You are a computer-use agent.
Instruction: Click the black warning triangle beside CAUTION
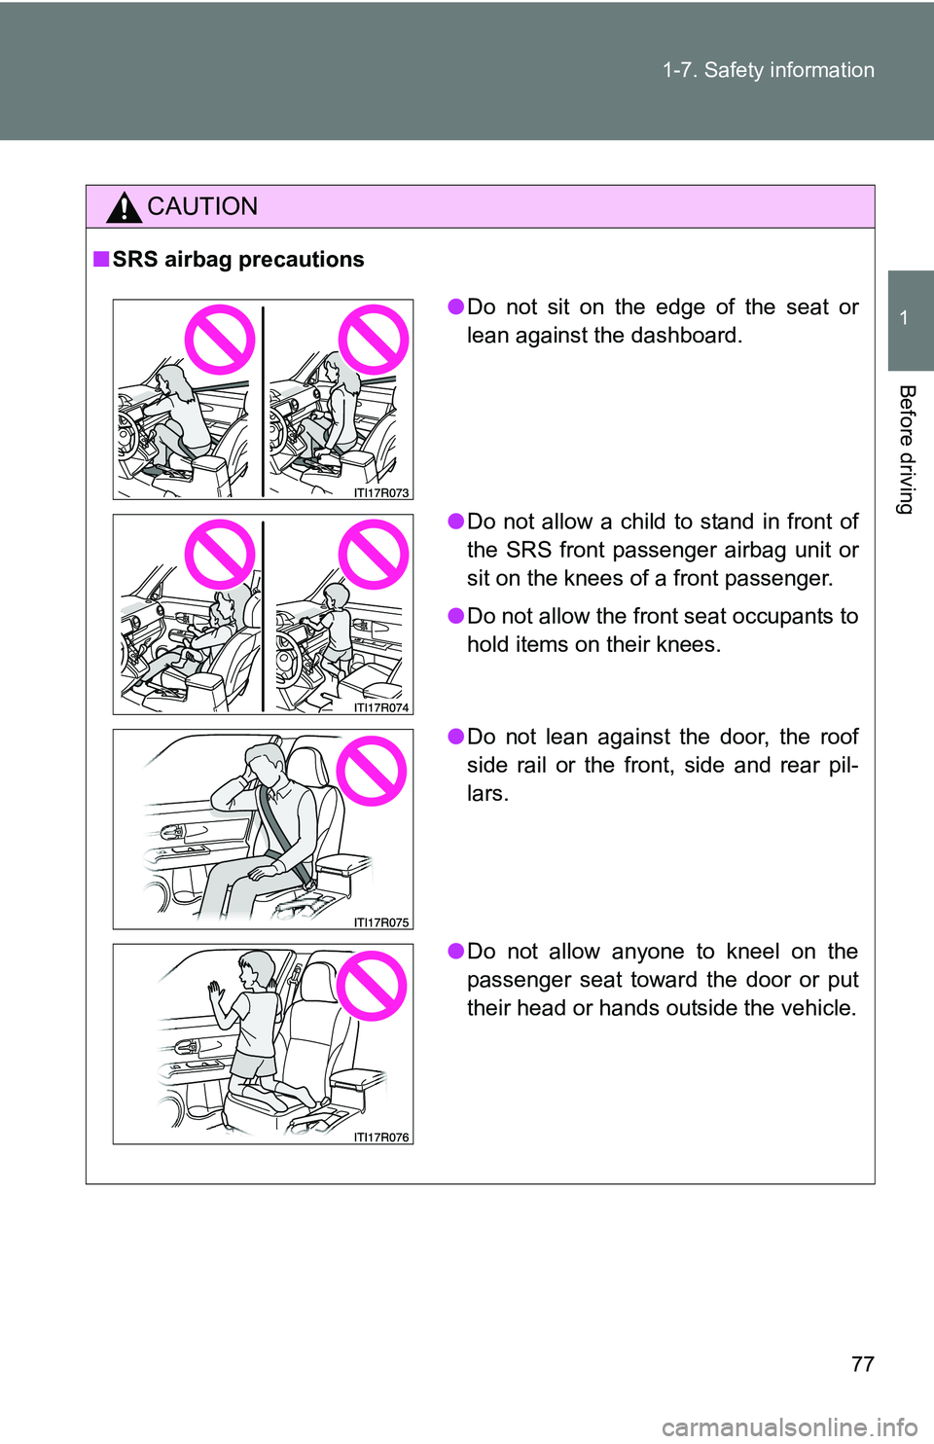point(124,207)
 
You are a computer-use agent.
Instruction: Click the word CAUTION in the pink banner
point(202,206)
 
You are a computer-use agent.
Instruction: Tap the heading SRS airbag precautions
point(238,259)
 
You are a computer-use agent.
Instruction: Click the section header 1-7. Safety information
point(769,70)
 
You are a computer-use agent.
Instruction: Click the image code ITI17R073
point(381,493)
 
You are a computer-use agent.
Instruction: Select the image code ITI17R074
point(381,707)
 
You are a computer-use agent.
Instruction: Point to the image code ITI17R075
point(381,922)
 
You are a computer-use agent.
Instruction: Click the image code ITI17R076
point(381,1137)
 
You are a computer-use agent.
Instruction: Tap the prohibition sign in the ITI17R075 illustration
point(372,771)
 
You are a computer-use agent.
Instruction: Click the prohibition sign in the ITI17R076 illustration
point(372,986)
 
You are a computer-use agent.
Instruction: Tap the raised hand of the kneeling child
point(215,993)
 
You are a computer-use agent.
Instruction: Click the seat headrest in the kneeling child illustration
point(320,973)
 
